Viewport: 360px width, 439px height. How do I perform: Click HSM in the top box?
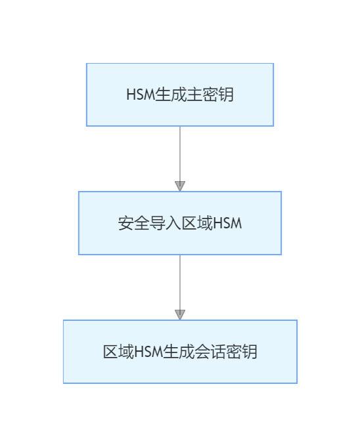pyautogui.click(x=141, y=94)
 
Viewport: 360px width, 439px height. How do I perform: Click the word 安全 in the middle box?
pyautogui.click(x=134, y=223)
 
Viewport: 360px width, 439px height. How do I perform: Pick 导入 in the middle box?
pyautogui.click(x=165, y=223)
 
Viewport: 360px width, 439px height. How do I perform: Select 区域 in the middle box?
pyautogui.click(x=197, y=223)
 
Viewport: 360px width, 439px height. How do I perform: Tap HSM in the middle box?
pyautogui.click(x=227, y=223)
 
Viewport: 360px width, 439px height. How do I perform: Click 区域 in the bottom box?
pyautogui.click(x=119, y=352)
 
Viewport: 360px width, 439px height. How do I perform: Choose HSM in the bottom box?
pyautogui.click(x=148, y=352)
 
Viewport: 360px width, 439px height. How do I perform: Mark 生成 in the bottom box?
pyautogui.click(x=179, y=352)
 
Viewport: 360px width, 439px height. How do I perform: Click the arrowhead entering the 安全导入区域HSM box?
pyautogui.click(x=180, y=186)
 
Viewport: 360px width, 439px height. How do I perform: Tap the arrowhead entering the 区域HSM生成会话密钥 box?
pyautogui.click(x=180, y=314)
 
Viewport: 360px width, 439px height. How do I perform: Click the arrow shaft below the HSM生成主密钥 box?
pyautogui.click(x=180, y=154)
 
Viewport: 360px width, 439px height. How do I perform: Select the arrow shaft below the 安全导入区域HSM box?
pyautogui.click(x=180, y=282)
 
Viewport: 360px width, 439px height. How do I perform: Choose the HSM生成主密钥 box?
pyautogui.click(x=180, y=94)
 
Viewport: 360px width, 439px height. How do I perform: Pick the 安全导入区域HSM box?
pyautogui.click(x=180, y=223)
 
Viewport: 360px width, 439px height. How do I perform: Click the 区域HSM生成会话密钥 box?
pyautogui.click(x=180, y=352)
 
